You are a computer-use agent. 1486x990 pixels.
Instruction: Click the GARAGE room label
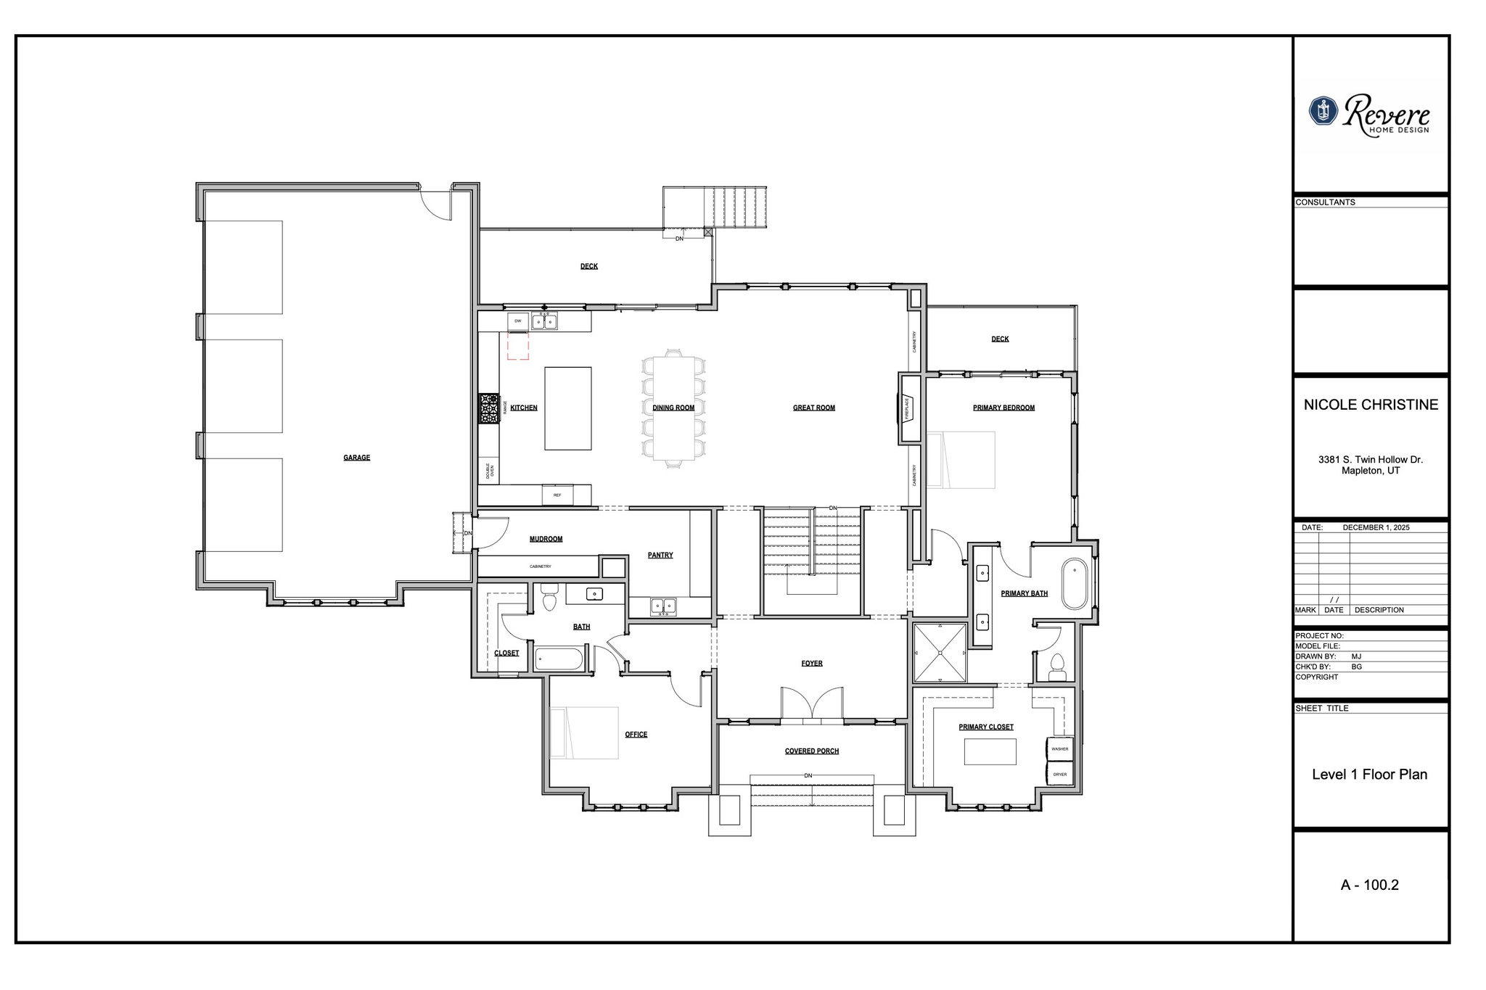(x=356, y=458)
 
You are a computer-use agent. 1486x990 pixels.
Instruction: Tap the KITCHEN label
(x=524, y=408)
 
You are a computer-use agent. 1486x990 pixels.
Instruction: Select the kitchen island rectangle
(x=568, y=408)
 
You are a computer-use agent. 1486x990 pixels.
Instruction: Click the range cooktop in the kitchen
(x=489, y=408)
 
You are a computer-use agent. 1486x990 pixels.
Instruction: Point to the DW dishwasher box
(x=518, y=321)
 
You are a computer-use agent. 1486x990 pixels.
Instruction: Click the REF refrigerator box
(x=557, y=495)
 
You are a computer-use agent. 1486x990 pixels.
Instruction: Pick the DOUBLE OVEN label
(x=490, y=470)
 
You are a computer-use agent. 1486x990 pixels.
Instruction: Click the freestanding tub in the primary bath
(x=1075, y=583)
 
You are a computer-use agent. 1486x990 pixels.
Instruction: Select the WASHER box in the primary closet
(x=1059, y=748)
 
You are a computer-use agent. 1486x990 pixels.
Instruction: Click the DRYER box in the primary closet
(x=1059, y=774)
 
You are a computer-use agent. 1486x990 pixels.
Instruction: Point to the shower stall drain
(x=940, y=653)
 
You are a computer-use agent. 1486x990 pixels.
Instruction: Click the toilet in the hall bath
(x=549, y=599)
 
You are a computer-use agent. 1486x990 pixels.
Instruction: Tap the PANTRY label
(x=660, y=555)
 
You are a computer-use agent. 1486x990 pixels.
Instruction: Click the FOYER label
(x=812, y=663)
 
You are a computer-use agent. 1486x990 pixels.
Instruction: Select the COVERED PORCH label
(x=811, y=751)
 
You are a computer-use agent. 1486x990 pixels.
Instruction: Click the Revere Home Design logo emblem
(x=1323, y=111)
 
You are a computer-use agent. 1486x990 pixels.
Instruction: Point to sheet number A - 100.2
(x=1369, y=885)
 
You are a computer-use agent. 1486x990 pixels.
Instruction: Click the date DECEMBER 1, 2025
(x=1376, y=527)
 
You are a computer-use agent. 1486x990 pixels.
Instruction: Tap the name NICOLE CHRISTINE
(x=1371, y=405)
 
